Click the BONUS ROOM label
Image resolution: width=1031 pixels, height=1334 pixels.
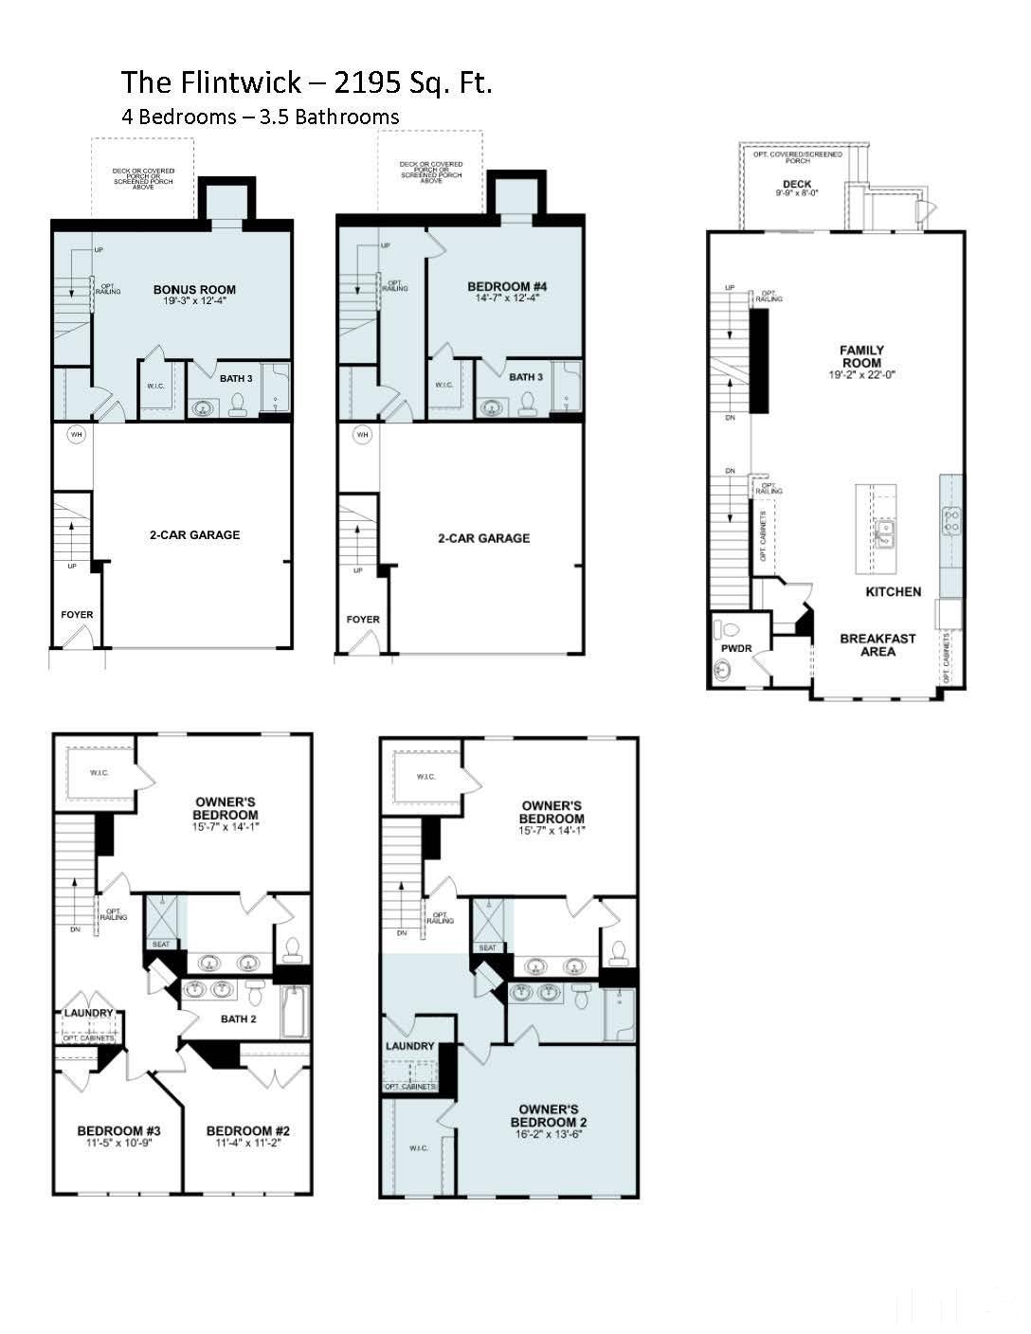click(x=194, y=290)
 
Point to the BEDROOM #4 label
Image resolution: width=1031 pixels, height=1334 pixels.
click(x=507, y=286)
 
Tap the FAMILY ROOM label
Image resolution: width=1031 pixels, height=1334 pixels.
click(x=861, y=356)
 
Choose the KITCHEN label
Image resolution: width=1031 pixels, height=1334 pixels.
click(x=893, y=591)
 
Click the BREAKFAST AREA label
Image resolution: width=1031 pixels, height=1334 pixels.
click(x=877, y=644)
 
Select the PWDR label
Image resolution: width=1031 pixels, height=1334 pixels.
click(x=735, y=649)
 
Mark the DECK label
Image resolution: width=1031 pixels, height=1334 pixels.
click(x=797, y=184)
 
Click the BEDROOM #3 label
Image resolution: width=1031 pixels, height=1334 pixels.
click(x=118, y=1130)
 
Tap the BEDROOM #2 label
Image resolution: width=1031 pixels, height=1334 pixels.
click(x=247, y=1130)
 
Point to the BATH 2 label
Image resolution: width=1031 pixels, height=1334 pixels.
click(x=239, y=1019)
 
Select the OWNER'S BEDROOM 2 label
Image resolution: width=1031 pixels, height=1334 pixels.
click(x=549, y=1115)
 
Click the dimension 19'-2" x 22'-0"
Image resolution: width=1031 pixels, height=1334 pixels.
click(x=861, y=375)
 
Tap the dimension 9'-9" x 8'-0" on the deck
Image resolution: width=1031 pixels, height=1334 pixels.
click(x=797, y=193)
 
